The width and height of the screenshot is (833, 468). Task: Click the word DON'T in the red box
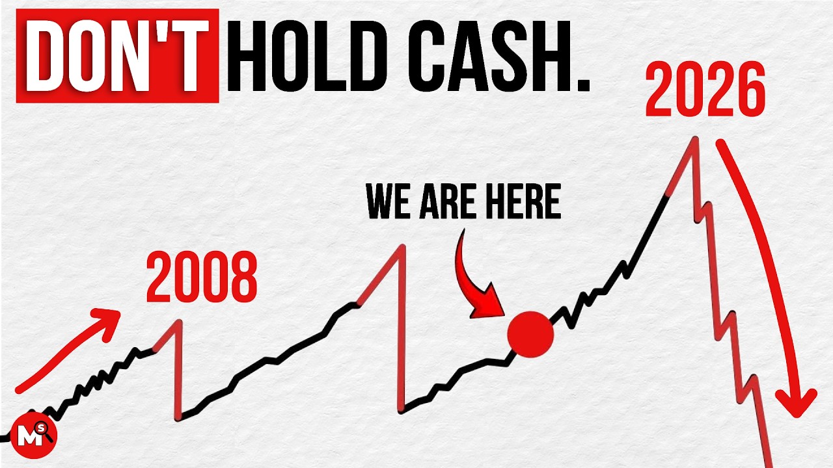(117, 56)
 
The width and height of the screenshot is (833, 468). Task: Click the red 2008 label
(202, 279)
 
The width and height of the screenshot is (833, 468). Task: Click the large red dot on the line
(530, 334)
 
